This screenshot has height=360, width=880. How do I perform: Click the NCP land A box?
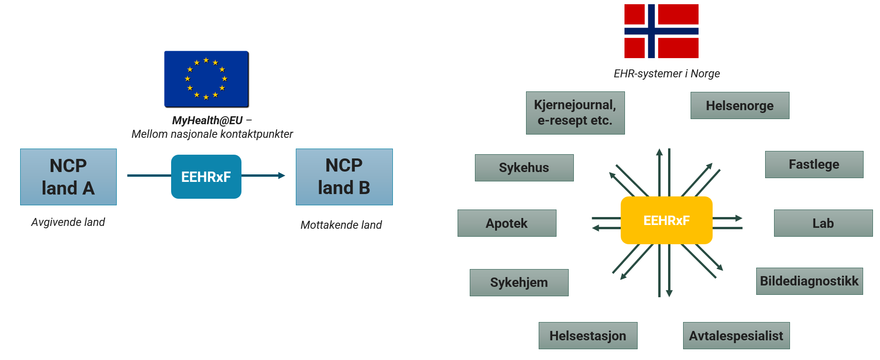[x=68, y=177]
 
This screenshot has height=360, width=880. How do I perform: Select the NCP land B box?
[x=344, y=177]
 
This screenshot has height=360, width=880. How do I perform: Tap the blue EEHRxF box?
[x=206, y=177]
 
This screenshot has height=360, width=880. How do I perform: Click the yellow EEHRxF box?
[x=666, y=220]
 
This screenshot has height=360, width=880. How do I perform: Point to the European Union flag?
[x=206, y=79]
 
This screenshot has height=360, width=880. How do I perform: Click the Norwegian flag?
[x=661, y=31]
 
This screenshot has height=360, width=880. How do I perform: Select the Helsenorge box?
[x=739, y=105]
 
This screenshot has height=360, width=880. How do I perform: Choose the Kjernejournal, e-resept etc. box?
[x=575, y=113]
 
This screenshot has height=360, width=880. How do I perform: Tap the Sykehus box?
[x=524, y=168]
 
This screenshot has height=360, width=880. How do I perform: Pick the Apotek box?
[x=507, y=223]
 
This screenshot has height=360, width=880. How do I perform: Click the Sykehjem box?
[x=519, y=282]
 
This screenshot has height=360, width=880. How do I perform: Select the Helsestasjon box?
[x=588, y=336]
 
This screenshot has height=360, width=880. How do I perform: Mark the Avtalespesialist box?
[x=736, y=336]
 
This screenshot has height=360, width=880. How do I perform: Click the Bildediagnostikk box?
[x=809, y=281]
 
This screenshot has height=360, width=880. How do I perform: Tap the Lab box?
[x=823, y=223]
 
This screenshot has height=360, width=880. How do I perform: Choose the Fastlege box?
[x=814, y=165]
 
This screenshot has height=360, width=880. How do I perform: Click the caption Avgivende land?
[x=68, y=222]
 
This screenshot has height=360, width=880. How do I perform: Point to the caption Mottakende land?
[x=341, y=225]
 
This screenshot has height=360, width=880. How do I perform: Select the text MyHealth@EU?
[x=207, y=120]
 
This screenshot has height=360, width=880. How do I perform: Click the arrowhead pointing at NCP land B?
[x=281, y=176]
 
